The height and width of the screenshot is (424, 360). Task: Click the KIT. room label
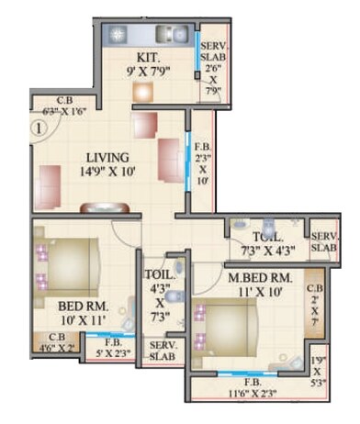pos(147,55)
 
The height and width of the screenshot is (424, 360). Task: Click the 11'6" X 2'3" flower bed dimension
pos(247,393)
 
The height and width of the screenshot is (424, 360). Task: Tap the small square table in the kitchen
pos(142,92)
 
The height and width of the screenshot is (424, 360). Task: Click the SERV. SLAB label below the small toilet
pos(163,350)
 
